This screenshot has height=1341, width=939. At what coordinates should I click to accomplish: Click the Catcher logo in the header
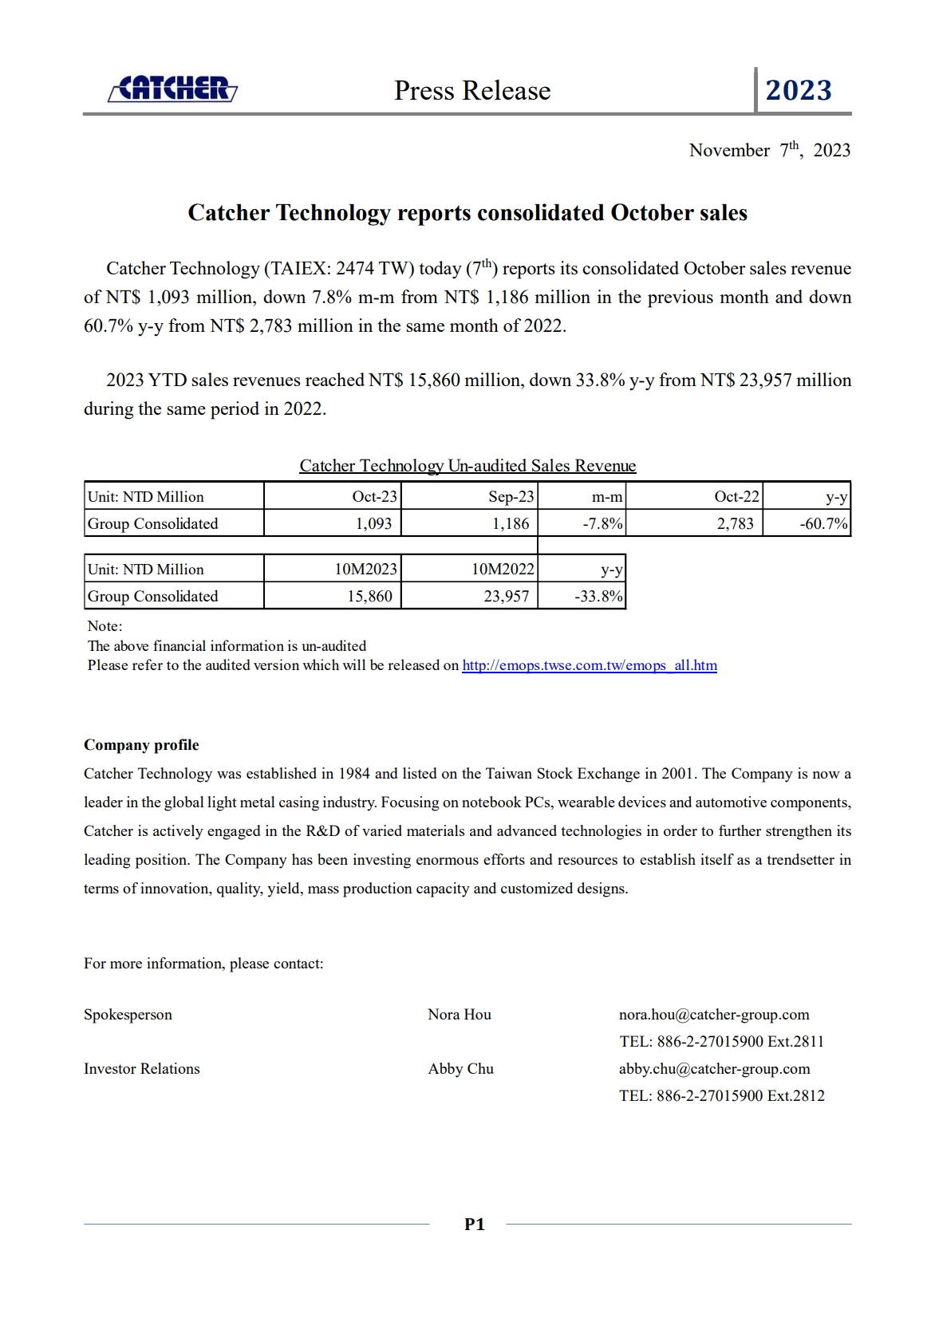pyautogui.click(x=172, y=89)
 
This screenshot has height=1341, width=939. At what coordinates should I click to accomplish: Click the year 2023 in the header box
pyautogui.click(x=799, y=90)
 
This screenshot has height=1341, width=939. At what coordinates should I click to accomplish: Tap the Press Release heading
pyautogui.click(x=472, y=91)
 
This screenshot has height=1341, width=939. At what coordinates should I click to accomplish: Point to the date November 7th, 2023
pyautogui.click(x=769, y=150)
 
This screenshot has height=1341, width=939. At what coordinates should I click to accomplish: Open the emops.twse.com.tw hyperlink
pyautogui.click(x=589, y=665)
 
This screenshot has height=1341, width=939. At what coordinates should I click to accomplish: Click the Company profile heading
pyautogui.click(x=141, y=745)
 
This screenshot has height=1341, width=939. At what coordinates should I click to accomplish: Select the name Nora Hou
pyautogui.click(x=460, y=1015)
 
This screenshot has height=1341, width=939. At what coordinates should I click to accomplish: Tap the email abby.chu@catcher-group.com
pyautogui.click(x=714, y=1069)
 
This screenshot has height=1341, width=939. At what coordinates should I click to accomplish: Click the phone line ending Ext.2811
pyautogui.click(x=721, y=1042)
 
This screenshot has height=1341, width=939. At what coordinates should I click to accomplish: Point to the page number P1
pyautogui.click(x=474, y=1225)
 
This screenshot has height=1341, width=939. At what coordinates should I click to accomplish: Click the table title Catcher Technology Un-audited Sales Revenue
pyautogui.click(x=468, y=466)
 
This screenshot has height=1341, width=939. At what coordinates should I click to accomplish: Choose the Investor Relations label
pyautogui.click(x=142, y=1069)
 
